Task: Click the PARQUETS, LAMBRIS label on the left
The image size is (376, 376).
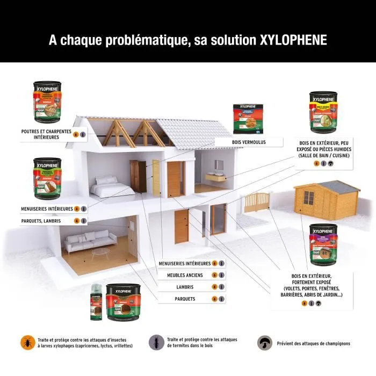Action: pyautogui.click(x=41, y=221)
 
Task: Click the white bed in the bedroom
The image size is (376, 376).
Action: pyautogui.click(x=112, y=186)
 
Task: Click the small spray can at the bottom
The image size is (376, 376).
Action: pyautogui.click(x=97, y=302)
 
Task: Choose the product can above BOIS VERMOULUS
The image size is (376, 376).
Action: pyautogui.click(x=247, y=119)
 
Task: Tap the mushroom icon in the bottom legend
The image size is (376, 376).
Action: pyautogui.click(x=264, y=343)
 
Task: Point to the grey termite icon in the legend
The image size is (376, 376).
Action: pyautogui.click(x=155, y=342)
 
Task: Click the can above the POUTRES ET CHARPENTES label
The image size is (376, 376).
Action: pyautogui.click(x=47, y=102)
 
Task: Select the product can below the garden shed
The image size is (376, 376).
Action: pyautogui.click(x=323, y=244)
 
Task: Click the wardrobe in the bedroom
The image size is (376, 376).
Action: pyautogui.click(x=138, y=176)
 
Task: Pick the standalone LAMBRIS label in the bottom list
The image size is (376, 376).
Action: pyautogui.click(x=184, y=287)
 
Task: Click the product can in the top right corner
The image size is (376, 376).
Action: pyautogui.click(x=323, y=112)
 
